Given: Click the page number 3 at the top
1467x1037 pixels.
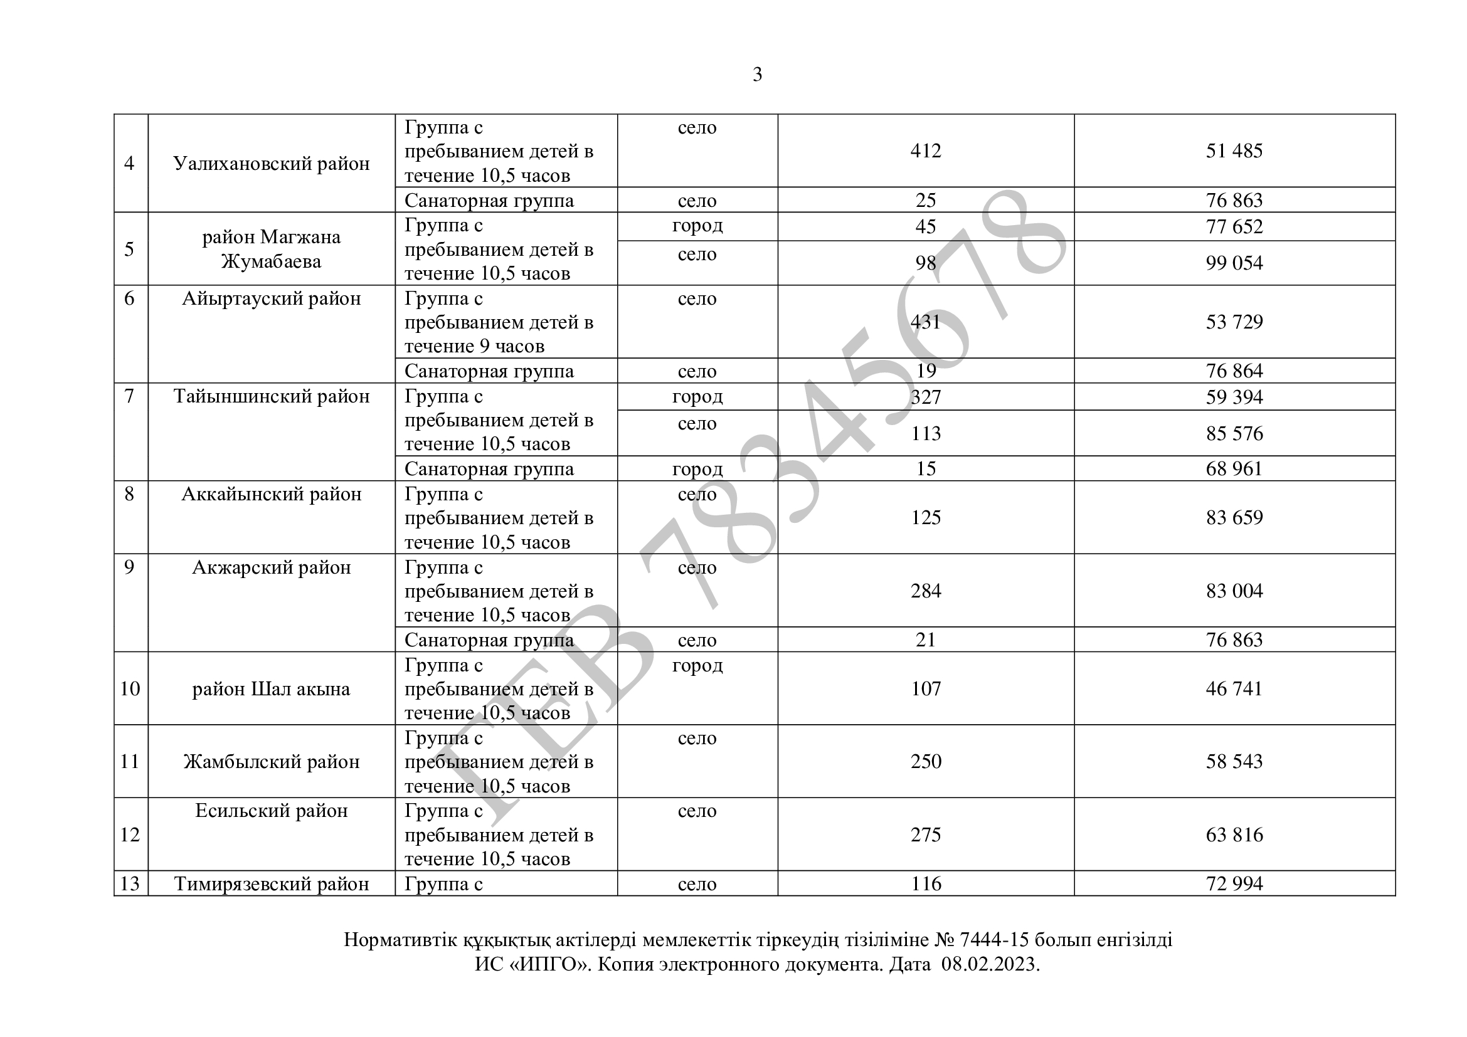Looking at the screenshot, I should pyautogui.click(x=757, y=75).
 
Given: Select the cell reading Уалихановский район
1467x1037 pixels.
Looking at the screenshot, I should pyautogui.click(x=272, y=164).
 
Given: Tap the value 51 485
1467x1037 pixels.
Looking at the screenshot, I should pyautogui.click(x=1234, y=150).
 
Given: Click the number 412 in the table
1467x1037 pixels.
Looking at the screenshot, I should pyautogui.click(x=925, y=150).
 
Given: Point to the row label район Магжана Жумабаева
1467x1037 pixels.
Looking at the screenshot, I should pyautogui.click(x=272, y=249).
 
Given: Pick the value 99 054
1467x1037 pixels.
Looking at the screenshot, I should pyautogui.click(x=1234, y=263).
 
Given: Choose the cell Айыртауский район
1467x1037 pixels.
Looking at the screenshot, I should pyautogui.click(x=272, y=299).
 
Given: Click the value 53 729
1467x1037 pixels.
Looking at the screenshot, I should pyautogui.click(x=1234, y=322).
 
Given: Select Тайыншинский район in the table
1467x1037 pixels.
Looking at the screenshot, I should pyautogui.click(x=272, y=396).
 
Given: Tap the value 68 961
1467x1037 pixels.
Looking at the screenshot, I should pyautogui.click(x=1234, y=469).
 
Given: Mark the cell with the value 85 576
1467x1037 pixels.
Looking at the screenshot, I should pyautogui.click(x=1234, y=434).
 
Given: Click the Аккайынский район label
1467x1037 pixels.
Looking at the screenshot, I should pyautogui.click(x=272, y=494).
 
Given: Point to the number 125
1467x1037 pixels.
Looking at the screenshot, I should pyautogui.click(x=925, y=517).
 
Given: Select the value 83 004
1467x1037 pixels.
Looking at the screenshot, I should pyautogui.click(x=1234, y=591).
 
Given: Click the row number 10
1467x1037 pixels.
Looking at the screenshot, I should pyautogui.click(x=130, y=688).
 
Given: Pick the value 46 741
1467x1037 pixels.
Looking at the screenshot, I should pyautogui.click(x=1234, y=688).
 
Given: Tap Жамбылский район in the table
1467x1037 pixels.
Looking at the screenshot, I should pyautogui.click(x=272, y=762).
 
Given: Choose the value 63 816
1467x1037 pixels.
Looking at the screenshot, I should pyautogui.click(x=1234, y=834).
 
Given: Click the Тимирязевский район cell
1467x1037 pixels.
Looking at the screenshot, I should pyautogui.click(x=272, y=884).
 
